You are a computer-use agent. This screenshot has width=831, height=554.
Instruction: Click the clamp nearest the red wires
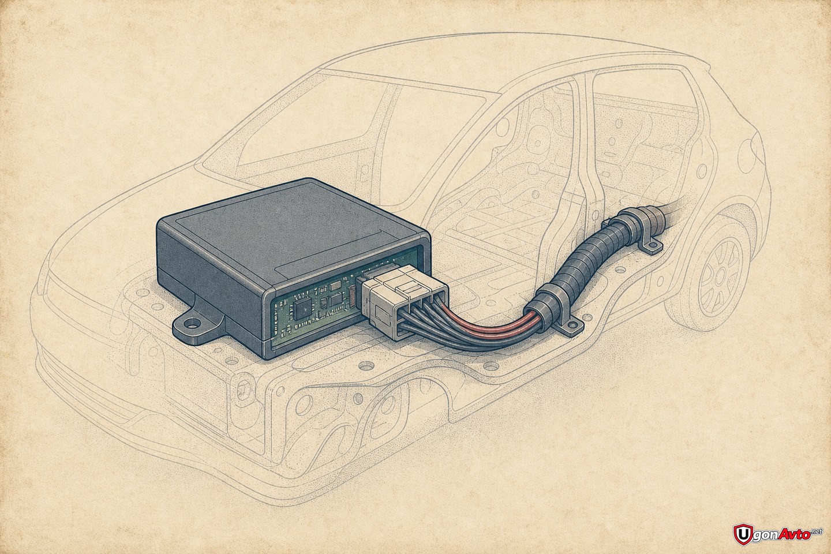tap(553, 312)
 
